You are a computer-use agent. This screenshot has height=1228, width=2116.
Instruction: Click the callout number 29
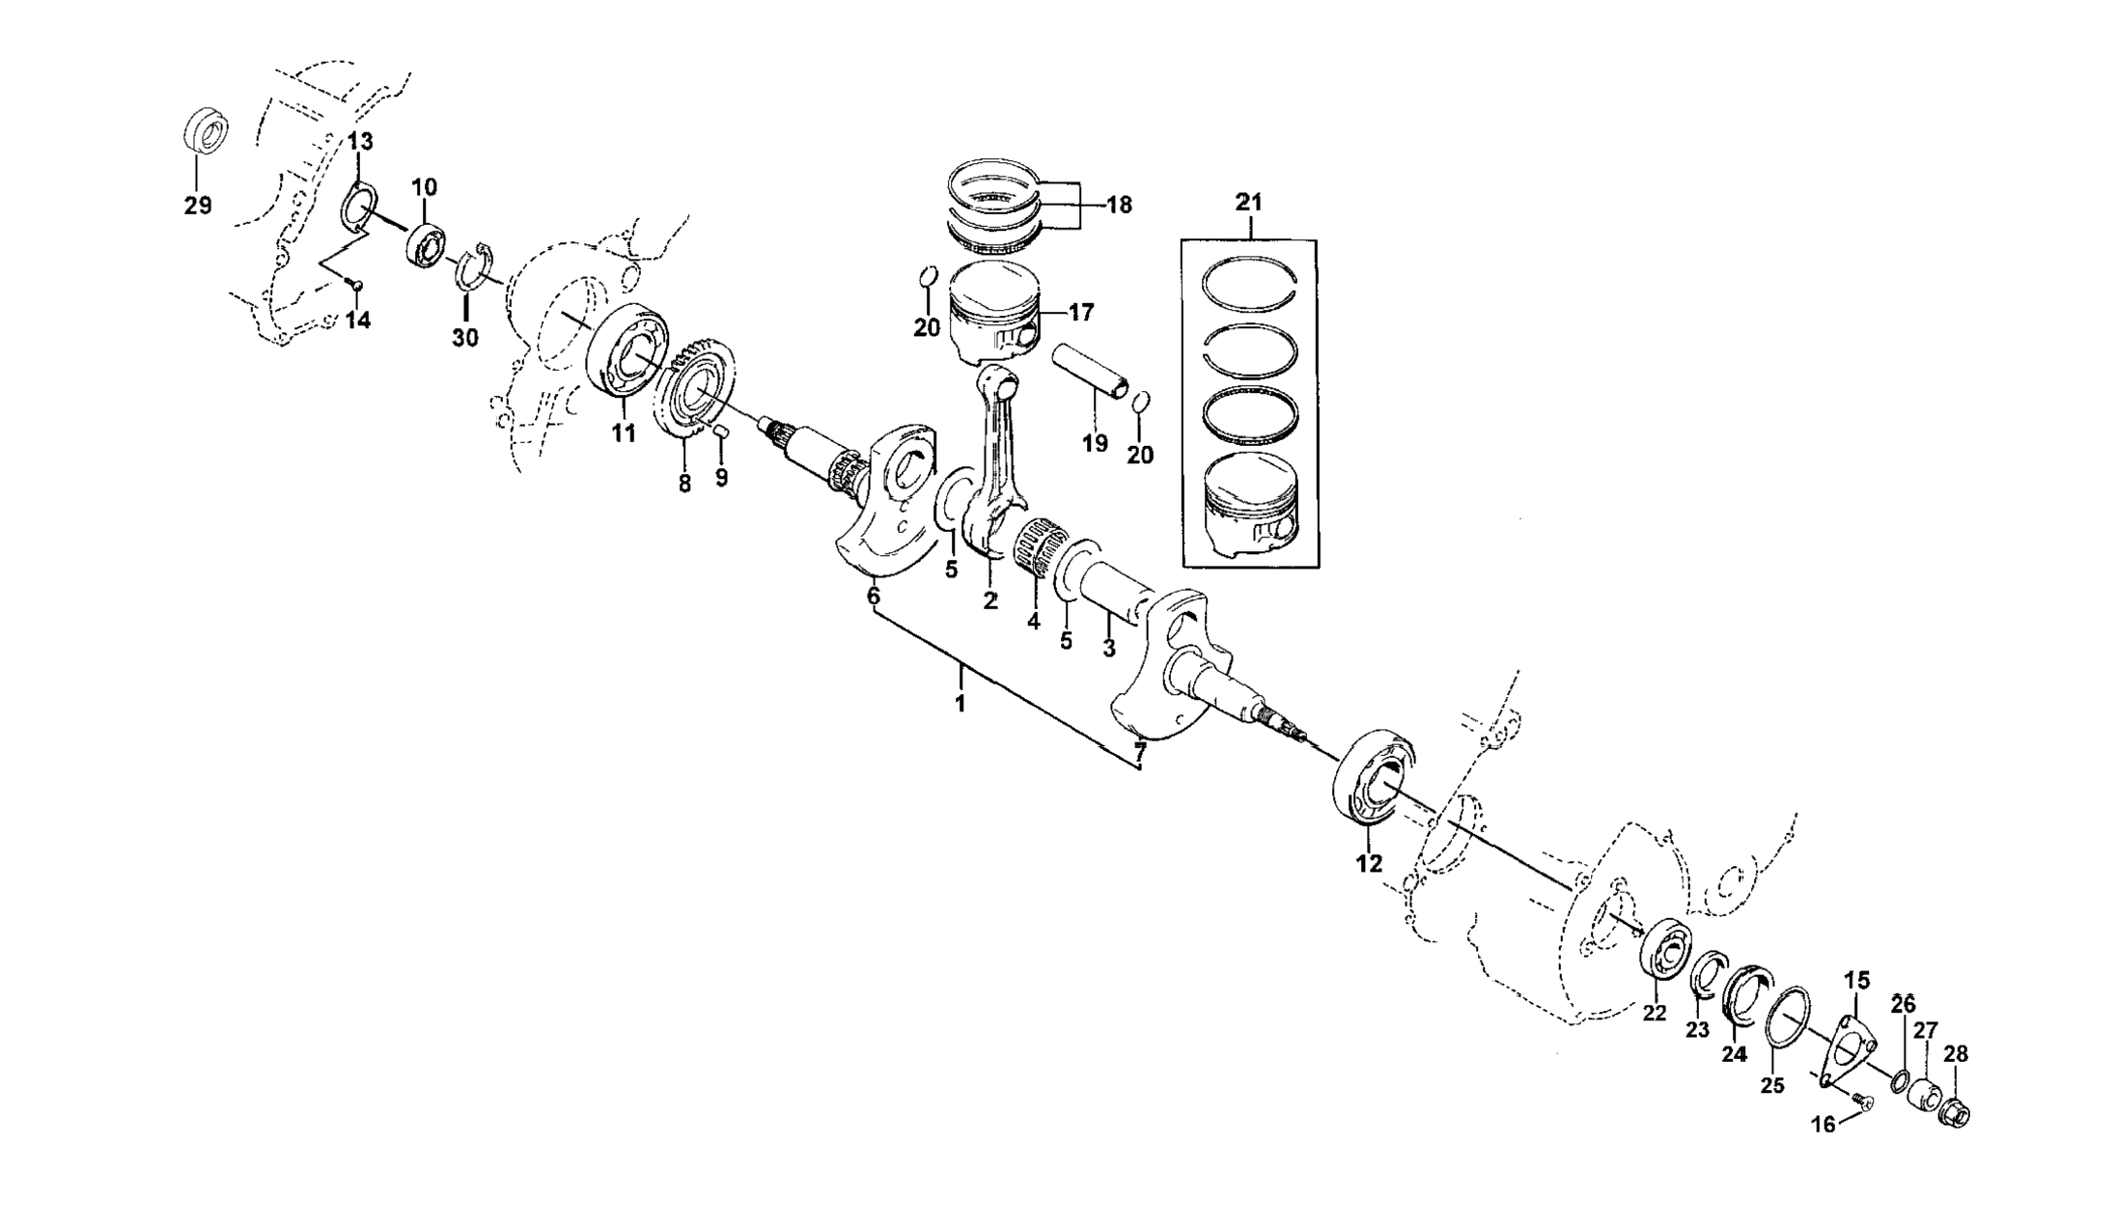tap(198, 206)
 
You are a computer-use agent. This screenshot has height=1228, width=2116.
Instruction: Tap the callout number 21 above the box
tap(1248, 203)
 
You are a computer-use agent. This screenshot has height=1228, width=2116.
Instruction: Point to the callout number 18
tap(1119, 205)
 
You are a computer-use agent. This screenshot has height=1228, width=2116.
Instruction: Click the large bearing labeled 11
tap(628, 351)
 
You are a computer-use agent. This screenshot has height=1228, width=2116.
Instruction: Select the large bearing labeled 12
tap(1372, 778)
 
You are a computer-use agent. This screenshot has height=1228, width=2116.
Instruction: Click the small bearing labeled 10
tap(425, 246)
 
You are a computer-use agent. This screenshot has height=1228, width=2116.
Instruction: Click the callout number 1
tap(960, 704)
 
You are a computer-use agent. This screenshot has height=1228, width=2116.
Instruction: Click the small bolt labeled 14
tap(356, 284)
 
